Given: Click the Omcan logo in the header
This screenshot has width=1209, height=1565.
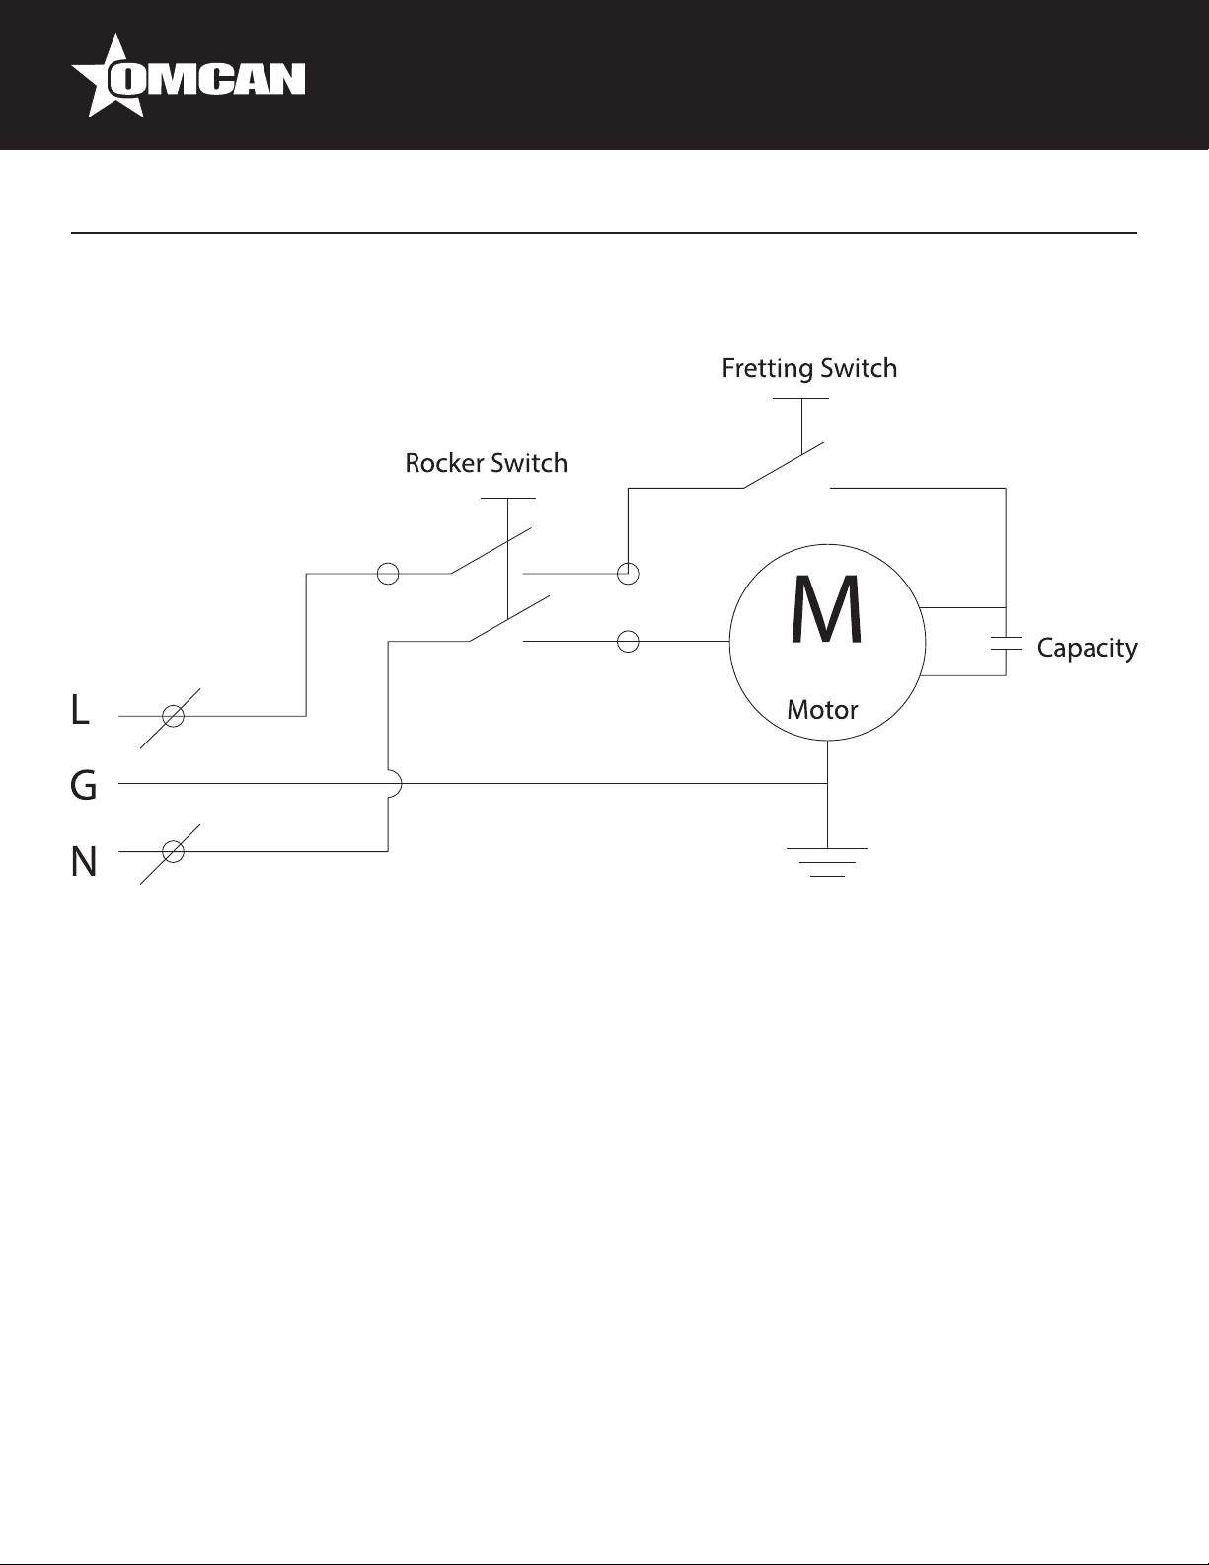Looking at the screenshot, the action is [188, 76].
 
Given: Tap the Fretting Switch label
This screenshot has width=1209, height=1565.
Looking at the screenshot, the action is [809, 368].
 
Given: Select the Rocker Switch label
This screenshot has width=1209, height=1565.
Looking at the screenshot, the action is [487, 463].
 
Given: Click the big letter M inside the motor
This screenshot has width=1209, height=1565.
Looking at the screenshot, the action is [826, 609].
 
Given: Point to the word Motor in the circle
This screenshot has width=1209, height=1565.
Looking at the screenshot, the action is [822, 710].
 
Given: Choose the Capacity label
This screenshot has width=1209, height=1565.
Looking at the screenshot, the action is [1088, 648].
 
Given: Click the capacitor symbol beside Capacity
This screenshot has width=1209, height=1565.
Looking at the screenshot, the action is [1006, 643].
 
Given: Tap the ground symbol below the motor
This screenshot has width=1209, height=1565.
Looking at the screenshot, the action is [828, 862].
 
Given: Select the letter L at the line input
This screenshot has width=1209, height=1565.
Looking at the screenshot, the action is [80, 710].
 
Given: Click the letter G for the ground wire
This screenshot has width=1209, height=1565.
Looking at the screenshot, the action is [84, 785].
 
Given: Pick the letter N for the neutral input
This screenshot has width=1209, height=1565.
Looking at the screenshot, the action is [84, 861].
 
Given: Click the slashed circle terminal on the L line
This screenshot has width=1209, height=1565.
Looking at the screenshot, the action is [173, 717].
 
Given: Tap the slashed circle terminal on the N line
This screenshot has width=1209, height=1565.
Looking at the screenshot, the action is [173, 852].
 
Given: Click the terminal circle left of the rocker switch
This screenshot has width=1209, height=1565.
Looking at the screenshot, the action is [388, 574].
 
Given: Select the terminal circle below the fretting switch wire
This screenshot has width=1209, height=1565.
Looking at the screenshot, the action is [629, 574].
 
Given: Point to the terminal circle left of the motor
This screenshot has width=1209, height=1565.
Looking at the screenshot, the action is [629, 642].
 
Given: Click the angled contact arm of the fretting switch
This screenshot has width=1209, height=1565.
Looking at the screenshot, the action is [783, 465].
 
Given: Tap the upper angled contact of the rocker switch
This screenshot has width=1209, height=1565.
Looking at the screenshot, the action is [491, 551].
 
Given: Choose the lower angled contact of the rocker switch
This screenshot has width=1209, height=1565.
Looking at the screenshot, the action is [509, 619].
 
